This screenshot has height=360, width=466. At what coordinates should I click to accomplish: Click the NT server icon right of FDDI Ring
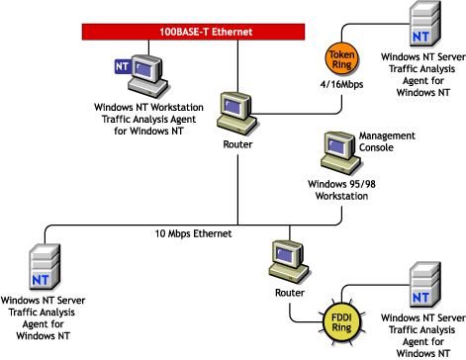point(422,286)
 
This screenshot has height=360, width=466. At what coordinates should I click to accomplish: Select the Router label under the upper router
point(237,144)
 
